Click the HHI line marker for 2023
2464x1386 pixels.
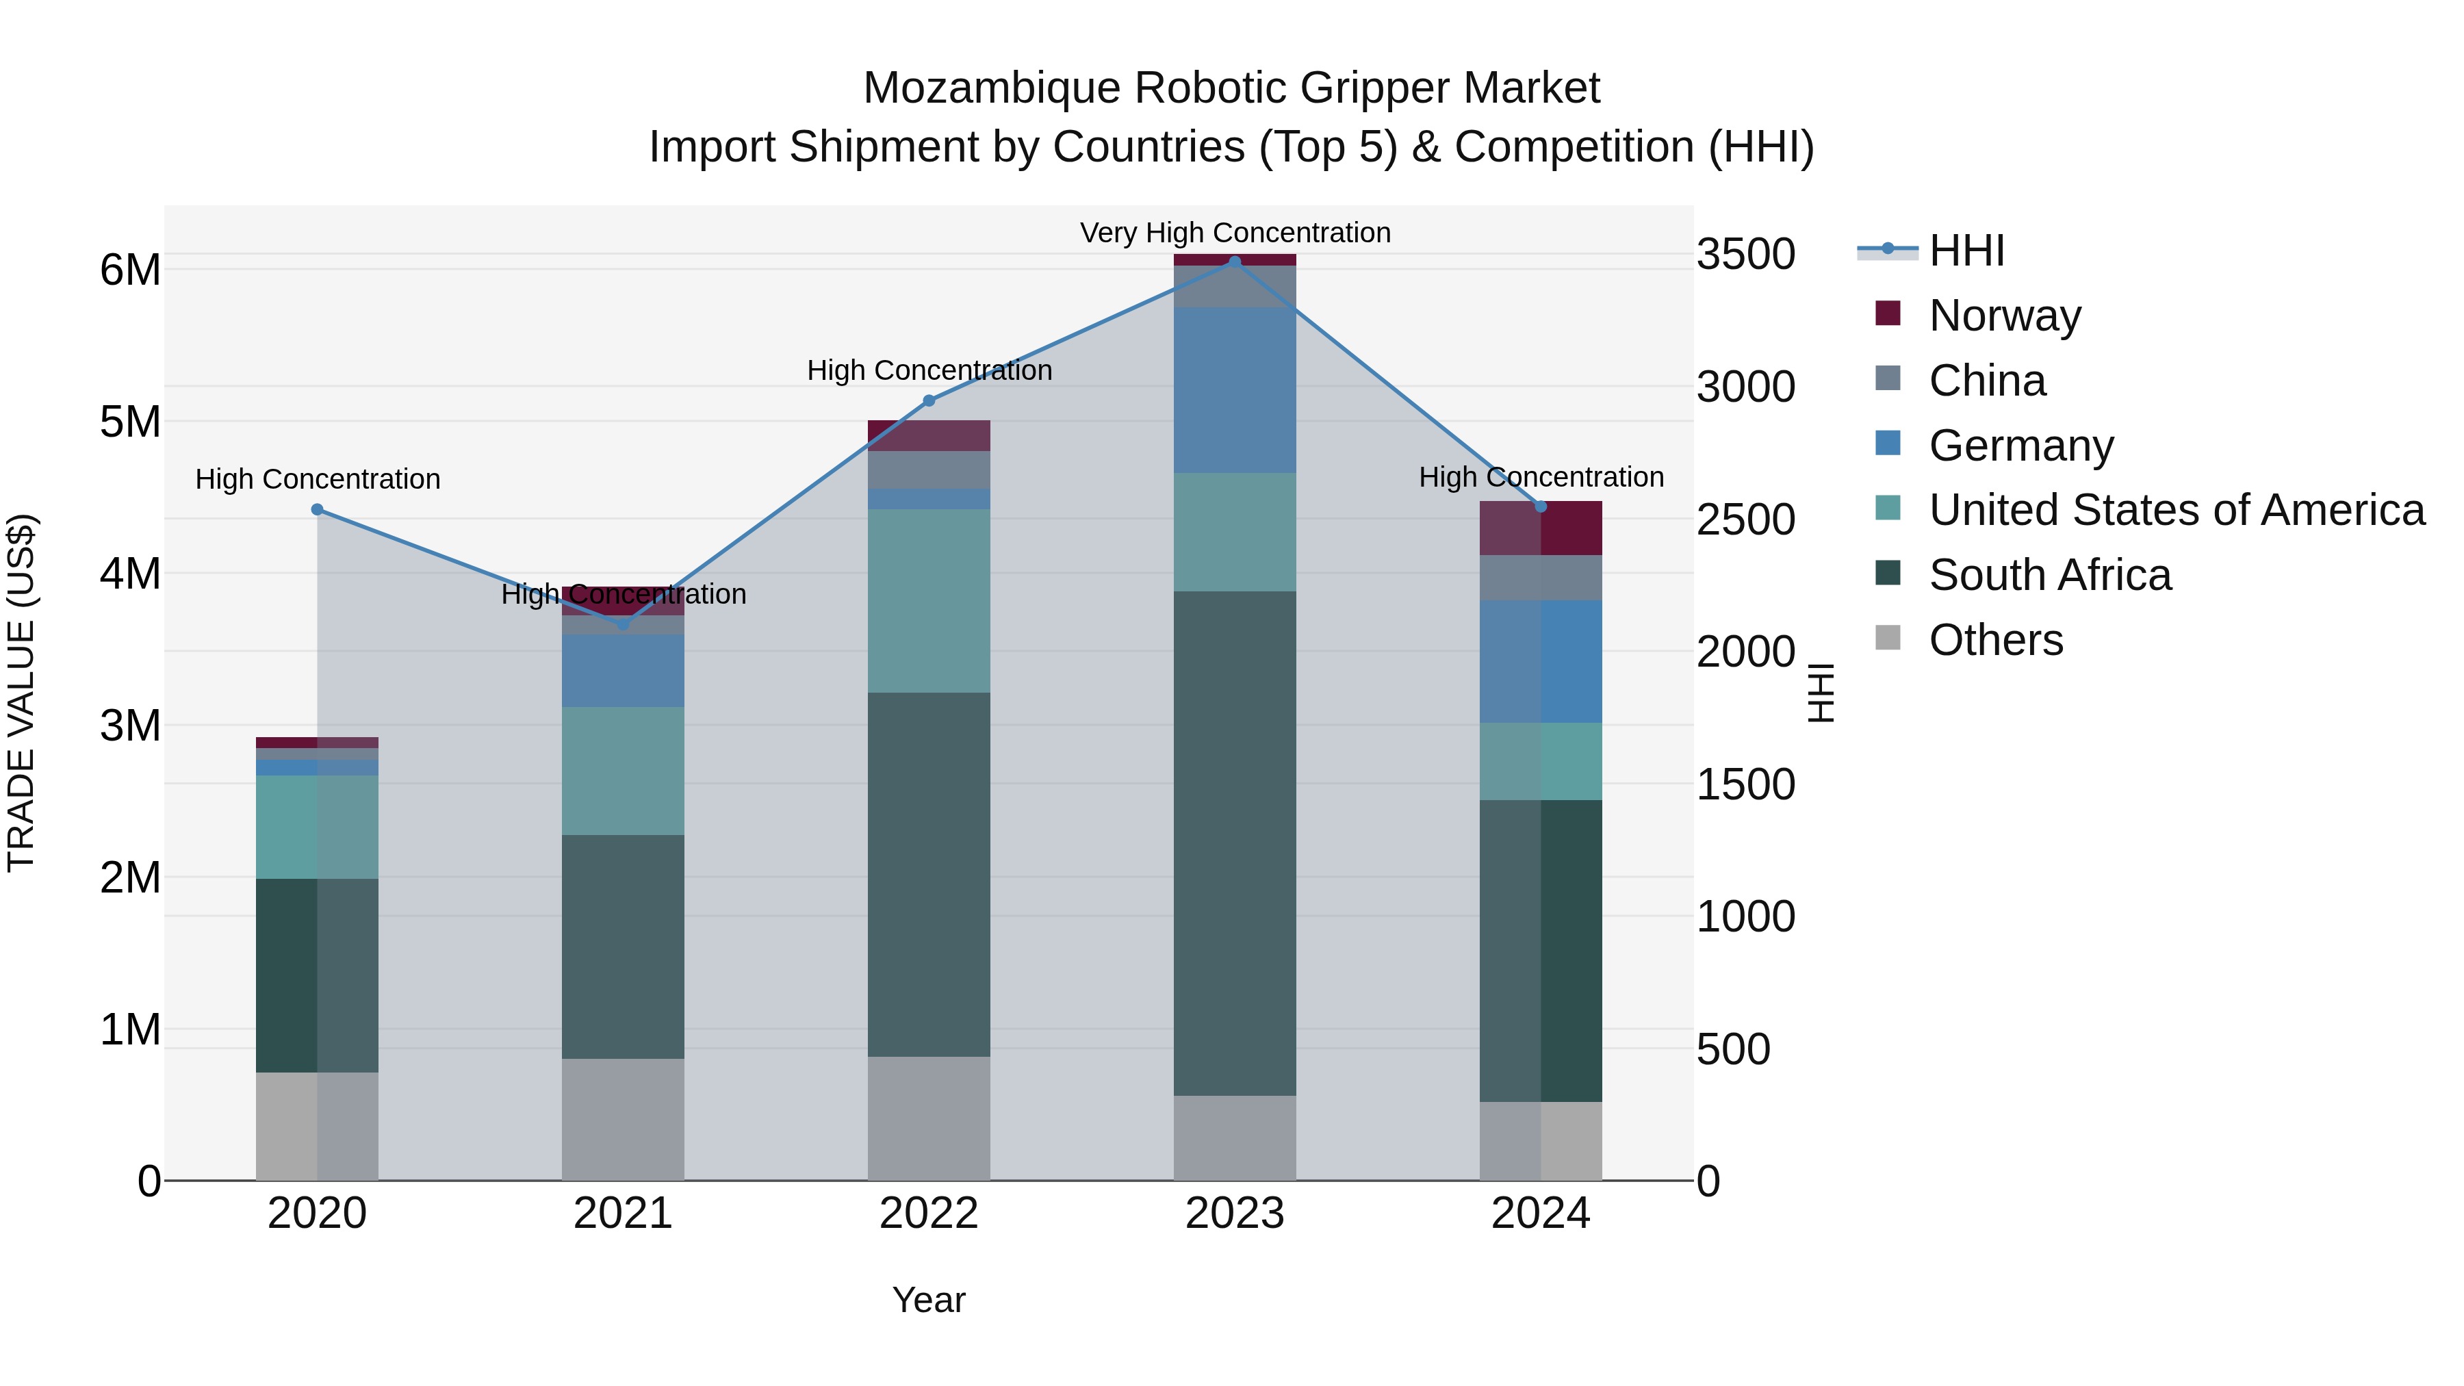pyautogui.click(x=1234, y=261)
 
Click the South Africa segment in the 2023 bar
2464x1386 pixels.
pyautogui.click(x=1234, y=842)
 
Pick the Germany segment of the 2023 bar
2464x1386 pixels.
pyautogui.click(x=1234, y=389)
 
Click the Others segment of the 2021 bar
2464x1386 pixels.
pyautogui.click(x=623, y=1118)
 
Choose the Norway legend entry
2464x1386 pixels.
pyautogui.click(x=2005, y=315)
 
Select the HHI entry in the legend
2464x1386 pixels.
pyautogui.click(x=1966, y=251)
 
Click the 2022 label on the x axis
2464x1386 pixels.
pyautogui.click(x=928, y=1214)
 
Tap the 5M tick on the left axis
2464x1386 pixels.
pyautogui.click(x=130, y=422)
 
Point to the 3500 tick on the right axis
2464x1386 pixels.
pyautogui.click(x=1745, y=255)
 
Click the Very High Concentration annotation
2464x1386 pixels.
pyautogui.click(x=1234, y=233)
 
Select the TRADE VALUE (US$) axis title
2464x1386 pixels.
pyautogui.click(x=21, y=693)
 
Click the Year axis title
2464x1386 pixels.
pyautogui.click(x=928, y=1300)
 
